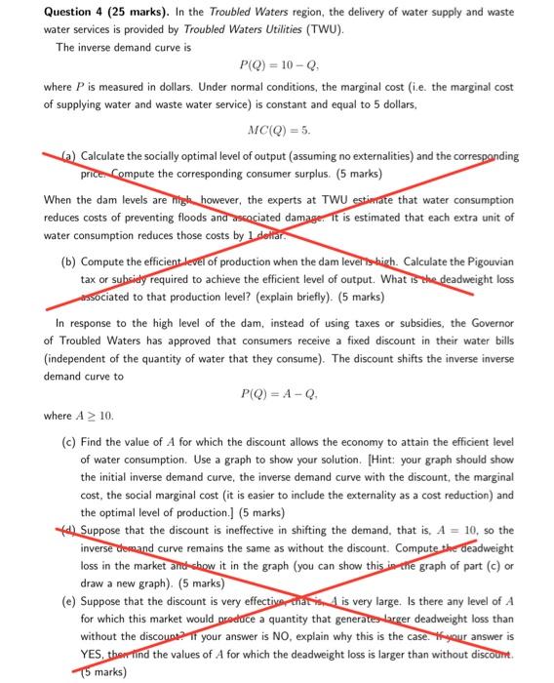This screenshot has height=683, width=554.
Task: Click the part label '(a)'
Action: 68,157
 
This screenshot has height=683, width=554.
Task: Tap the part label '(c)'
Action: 68,442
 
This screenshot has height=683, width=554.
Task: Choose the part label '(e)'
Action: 68,589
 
